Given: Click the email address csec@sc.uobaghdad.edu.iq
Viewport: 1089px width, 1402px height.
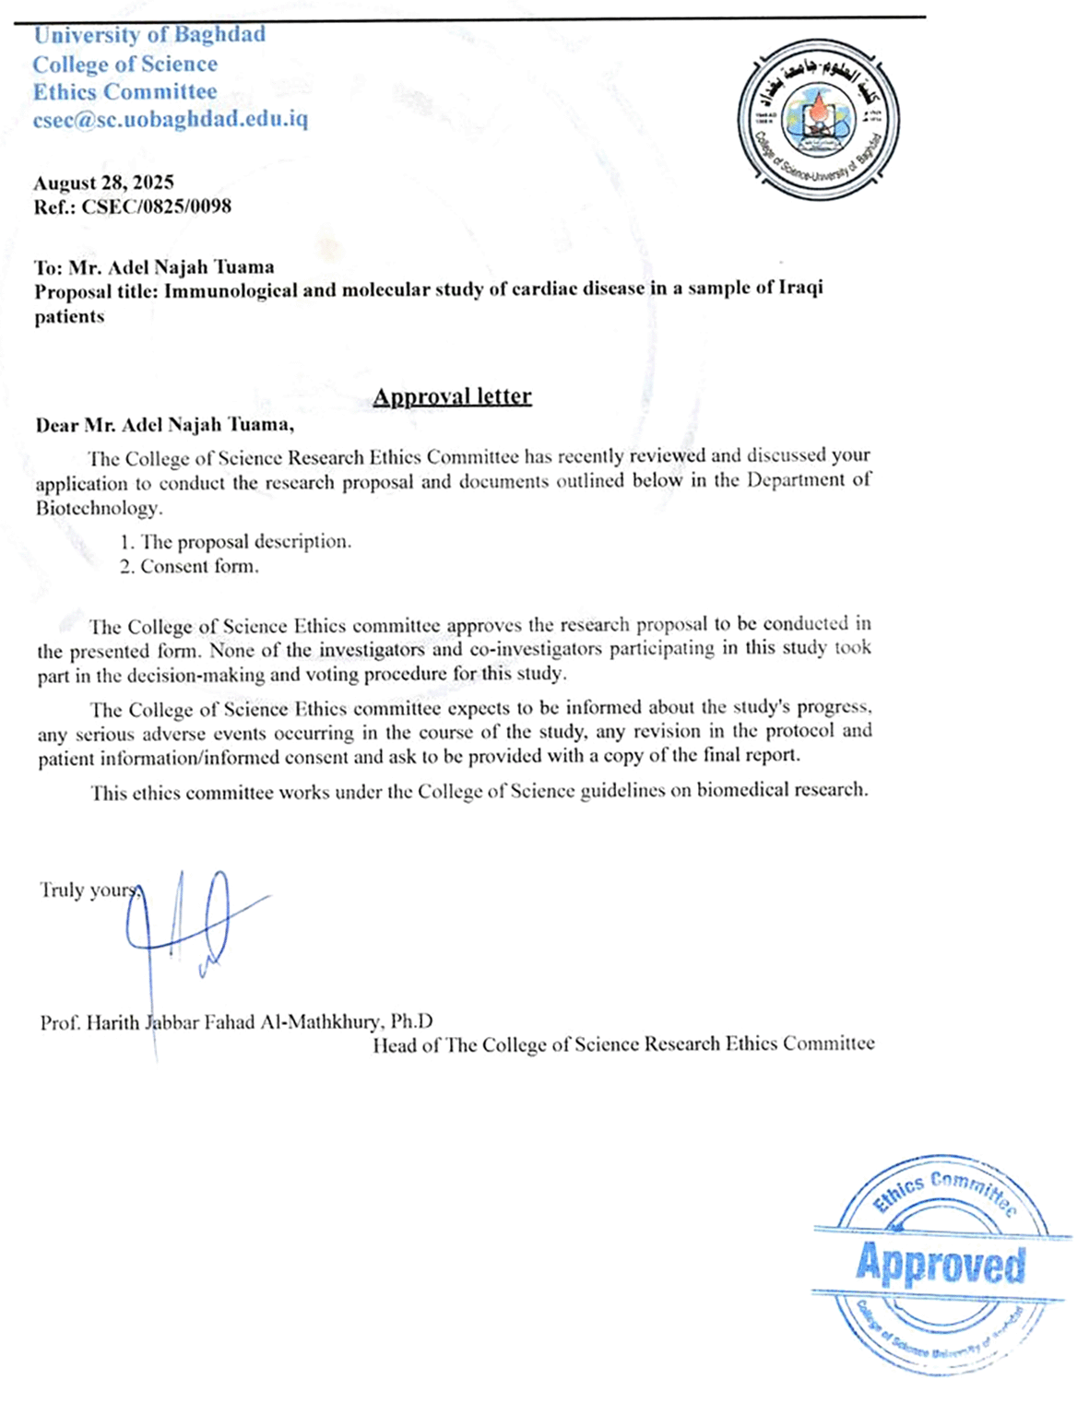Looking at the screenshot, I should pyautogui.click(x=171, y=120).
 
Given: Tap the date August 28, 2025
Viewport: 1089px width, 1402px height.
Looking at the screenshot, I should pyautogui.click(x=103, y=183).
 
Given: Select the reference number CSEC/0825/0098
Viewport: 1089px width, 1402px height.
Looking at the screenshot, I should pyautogui.click(x=156, y=206).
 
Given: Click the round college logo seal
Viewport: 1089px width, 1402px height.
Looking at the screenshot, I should pyautogui.click(x=819, y=122).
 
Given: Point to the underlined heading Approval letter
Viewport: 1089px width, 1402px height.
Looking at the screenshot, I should pyautogui.click(x=452, y=396).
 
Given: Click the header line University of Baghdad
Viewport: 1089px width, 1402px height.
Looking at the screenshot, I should pyautogui.click(x=149, y=35).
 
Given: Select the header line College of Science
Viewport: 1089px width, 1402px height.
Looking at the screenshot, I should pyautogui.click(x=125, y=65).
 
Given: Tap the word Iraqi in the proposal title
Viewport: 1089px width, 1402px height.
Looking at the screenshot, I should pyautogui.click(x=800, y=288).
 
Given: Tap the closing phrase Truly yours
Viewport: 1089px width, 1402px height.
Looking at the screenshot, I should pyautogui.click(x=89, y=890).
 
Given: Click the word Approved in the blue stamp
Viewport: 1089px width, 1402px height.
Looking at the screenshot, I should pyautogui.click(x=940, y=1263).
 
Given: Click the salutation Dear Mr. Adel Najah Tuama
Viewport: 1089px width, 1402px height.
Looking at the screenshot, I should pyautogui.click(x=164, y=425).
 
